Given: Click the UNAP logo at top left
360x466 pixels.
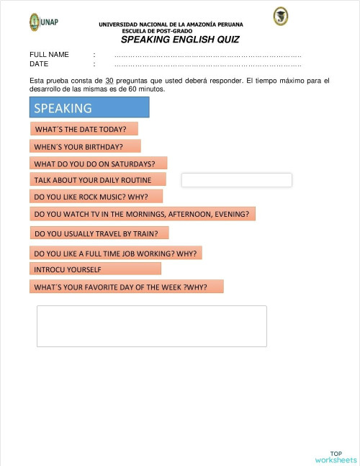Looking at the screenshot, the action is click(43, 22).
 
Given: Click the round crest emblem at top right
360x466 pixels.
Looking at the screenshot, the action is click(280, 17).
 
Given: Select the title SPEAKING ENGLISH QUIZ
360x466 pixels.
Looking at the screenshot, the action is click(180, 40).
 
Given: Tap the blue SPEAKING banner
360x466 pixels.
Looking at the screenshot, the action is click(89, 108).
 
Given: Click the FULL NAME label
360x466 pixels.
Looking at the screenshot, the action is click(49, 55).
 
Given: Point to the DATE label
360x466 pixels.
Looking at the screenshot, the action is click(39, 63).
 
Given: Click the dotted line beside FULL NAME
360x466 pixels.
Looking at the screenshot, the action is click(207, 55).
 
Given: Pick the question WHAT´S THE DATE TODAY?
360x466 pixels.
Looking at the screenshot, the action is click(84, 129).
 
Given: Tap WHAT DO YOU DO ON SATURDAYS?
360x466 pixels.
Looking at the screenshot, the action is click(98, 163).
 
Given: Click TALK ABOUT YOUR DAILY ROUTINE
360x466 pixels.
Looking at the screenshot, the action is click(97, 179).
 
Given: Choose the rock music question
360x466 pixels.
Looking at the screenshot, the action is click(96, 196).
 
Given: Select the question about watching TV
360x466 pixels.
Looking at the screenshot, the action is click(143, 214).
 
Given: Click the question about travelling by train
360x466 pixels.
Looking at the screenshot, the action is click(99, 233).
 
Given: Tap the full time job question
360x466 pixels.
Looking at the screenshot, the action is click(116, 253).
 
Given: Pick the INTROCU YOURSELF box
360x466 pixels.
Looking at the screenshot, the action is click(95, 269).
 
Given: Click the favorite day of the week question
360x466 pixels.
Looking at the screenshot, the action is click(126, 287).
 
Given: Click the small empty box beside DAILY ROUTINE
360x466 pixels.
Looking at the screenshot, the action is click(236, 180).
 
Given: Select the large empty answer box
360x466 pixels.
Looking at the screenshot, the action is click(151, 326).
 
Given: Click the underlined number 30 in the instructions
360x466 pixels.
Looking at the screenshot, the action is click(109, 81).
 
